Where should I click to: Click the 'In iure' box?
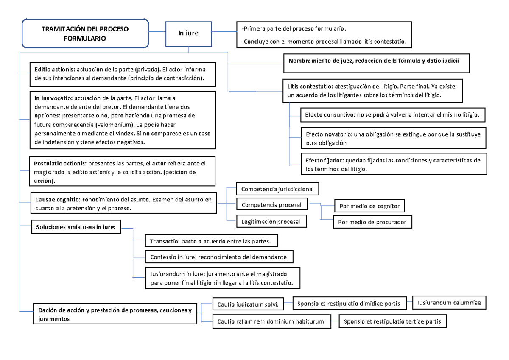pos(188,33)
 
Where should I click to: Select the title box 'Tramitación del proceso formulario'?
pos(85,33)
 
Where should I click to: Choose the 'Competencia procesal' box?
pos(271,205)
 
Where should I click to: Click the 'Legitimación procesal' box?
pos(271,221)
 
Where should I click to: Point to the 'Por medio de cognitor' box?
pos(369,207)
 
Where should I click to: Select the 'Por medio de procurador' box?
pos(373,222)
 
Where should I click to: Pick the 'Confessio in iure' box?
pos(218,257)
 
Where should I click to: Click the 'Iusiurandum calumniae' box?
pos(449,303)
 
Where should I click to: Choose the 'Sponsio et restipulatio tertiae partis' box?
pos(392,322)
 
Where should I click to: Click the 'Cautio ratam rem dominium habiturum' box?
pos(271,322)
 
